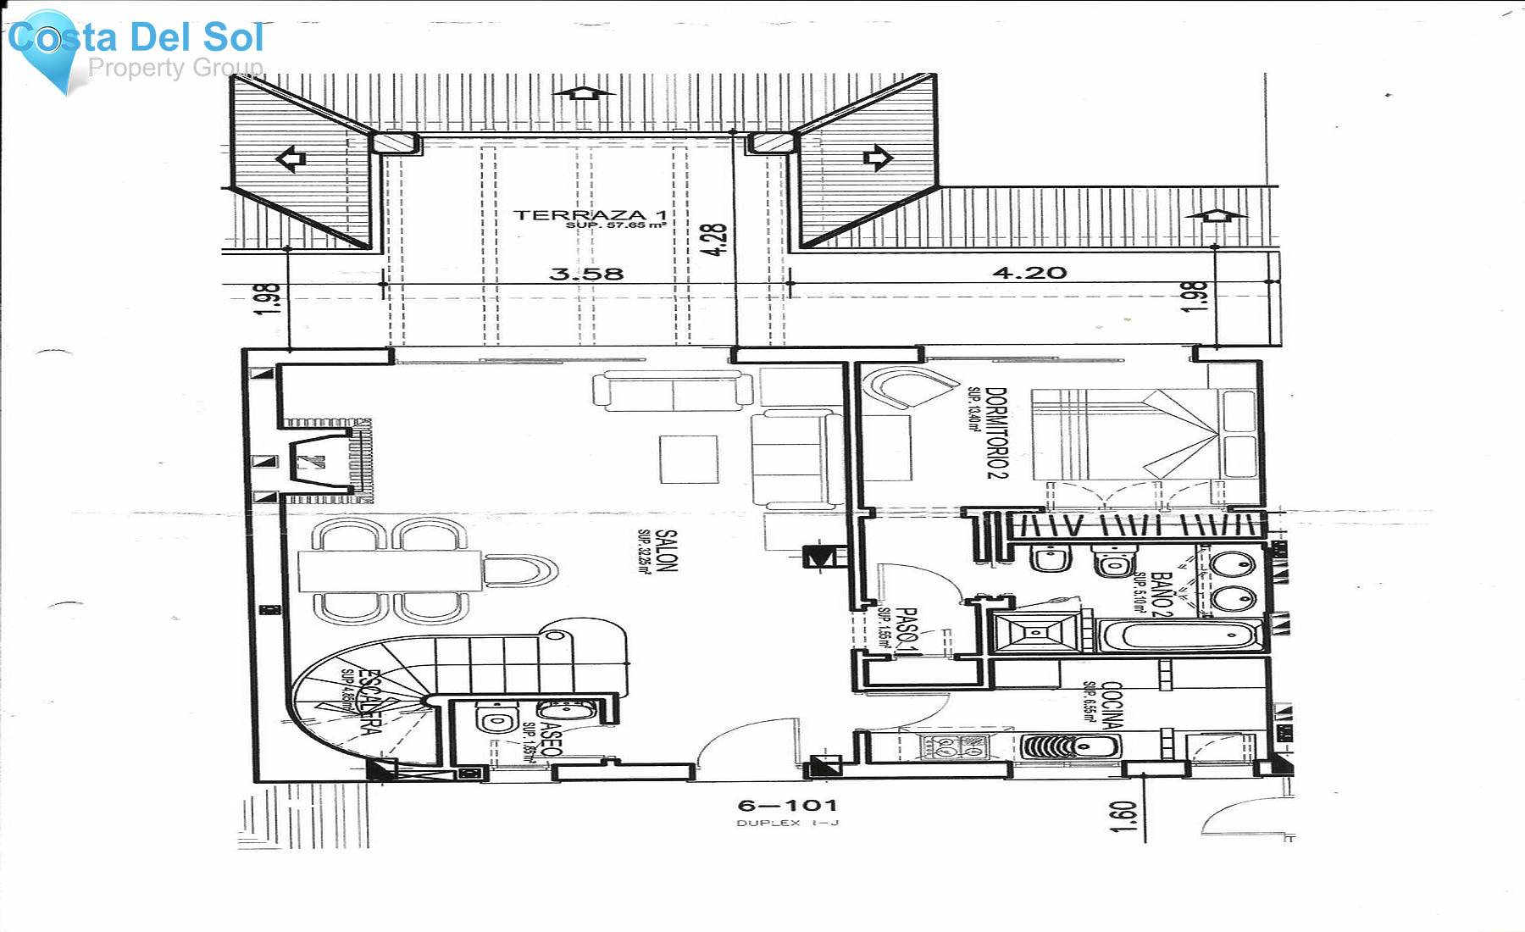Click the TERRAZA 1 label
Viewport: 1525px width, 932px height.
[x=590, y=215]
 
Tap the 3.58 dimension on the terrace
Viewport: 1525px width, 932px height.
[x=586, y=274]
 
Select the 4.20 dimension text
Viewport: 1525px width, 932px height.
[x=1029, y=273]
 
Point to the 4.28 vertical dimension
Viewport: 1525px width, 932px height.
[x=714, y=240]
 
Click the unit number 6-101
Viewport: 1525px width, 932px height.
[x=787, y=805]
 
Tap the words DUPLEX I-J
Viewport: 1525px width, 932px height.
[x=787, y=823]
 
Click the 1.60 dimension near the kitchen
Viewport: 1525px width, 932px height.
[x=1123, y=816]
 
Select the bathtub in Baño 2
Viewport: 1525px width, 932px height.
[x=1178, y=635]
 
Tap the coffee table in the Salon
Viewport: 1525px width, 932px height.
[x=689, y=458]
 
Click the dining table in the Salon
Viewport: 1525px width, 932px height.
[x=390, y=571]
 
